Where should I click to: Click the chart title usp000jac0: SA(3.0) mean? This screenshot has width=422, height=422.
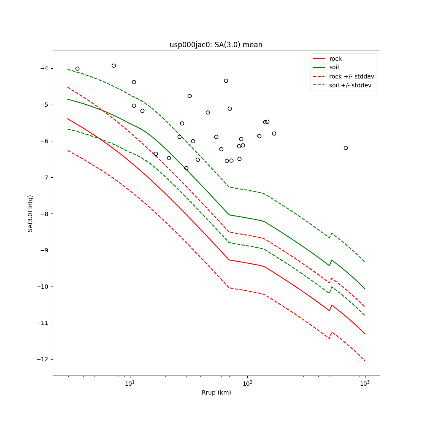coord(216,45)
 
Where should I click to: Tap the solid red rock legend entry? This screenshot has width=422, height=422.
coord(335,59)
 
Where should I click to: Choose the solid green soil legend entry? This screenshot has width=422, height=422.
coord(334,68)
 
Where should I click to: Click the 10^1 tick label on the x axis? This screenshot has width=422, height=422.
coord(130,384)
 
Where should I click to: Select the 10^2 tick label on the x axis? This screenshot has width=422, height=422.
coord(247,384)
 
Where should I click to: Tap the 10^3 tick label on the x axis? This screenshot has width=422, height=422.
coord(365,384)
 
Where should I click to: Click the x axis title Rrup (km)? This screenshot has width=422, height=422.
coord(216,393)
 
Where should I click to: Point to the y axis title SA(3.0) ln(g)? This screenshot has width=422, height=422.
coord(30,213)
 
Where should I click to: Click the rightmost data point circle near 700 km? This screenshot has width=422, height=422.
coord(346,148)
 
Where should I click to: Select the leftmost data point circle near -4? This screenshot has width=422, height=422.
coord(77,68)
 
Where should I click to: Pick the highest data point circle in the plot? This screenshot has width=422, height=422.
coord(114,65)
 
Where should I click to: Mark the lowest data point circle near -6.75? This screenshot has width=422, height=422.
coord(186,168)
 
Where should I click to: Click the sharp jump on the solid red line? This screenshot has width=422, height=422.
coord(331,307)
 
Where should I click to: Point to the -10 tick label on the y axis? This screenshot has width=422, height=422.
coord(44,287)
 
